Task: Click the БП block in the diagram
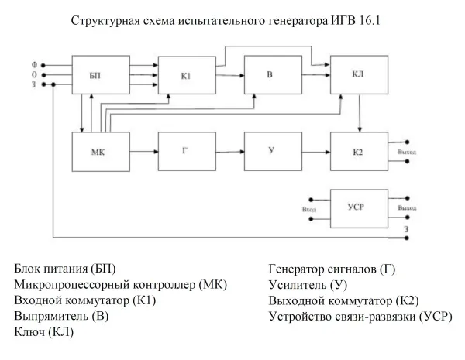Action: [100, 75]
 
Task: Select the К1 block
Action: [186, 75]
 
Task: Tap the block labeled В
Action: [270, 75]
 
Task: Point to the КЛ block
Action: [357, 75]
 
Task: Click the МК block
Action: [100, 151]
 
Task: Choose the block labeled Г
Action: [186, 151]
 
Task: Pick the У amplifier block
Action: [270, 151]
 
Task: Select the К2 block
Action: [357, 151]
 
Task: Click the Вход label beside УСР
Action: [309, 209]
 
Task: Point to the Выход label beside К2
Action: [406, 153]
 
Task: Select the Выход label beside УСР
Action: [406, 209]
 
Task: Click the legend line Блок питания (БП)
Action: [65, 269]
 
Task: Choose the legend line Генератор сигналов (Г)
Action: [332, 269]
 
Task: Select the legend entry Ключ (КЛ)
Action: [48, 332]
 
